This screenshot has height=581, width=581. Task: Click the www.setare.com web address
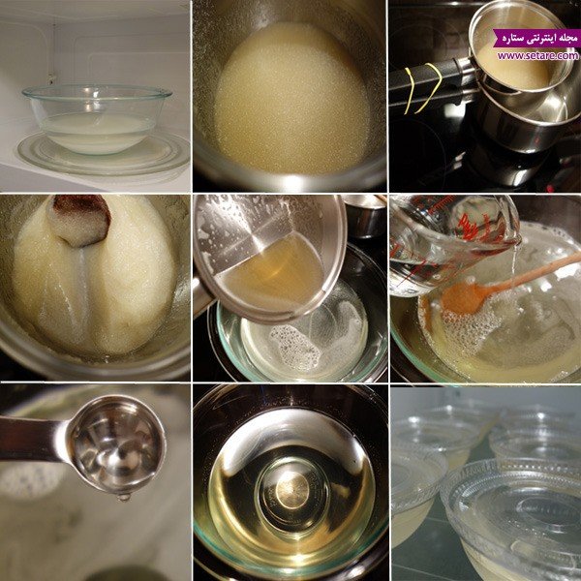coord(537,56)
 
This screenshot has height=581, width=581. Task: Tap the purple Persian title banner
coord(536,38)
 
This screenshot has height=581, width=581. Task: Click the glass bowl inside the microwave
coord(97,118)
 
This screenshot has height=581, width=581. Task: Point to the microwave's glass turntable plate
coord(104,154)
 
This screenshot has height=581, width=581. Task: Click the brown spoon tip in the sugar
coord(79,220)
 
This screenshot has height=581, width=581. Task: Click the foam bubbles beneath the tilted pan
coord(295,347)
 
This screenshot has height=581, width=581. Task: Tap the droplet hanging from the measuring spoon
coord(124,497)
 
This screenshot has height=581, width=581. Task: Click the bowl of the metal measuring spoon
coord(117,444)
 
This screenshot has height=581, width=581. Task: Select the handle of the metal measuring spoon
coord(32,439)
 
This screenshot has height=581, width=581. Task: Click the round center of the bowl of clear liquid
coord(292,489)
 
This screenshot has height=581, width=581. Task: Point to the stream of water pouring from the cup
coord(514,259)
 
